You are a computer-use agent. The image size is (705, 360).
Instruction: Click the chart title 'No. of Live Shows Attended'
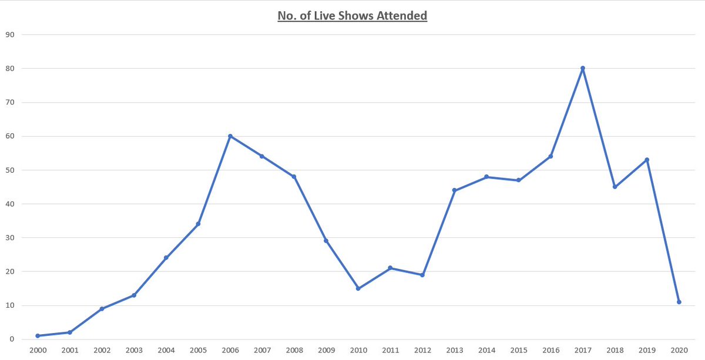coord(352,16)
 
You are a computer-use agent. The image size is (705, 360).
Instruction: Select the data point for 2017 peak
coord(583,68)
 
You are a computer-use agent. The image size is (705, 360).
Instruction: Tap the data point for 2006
coord(230,136)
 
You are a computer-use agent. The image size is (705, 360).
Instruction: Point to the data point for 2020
coord(679,302)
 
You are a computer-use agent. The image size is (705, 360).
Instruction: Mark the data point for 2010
coord(358,288)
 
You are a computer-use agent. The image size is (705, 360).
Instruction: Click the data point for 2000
coord(38,336)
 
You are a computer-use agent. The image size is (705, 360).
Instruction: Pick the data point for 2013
coord(455,190)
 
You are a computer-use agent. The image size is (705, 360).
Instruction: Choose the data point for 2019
coord(647,160)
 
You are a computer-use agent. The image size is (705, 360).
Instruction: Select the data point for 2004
coord(166,258)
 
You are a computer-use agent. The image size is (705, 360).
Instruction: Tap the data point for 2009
coord(326,241)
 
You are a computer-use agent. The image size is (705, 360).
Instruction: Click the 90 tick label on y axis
coord(10,35)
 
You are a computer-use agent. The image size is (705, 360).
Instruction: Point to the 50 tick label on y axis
coord(10,170)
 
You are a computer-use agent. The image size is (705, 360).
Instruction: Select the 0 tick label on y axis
coord(12,339)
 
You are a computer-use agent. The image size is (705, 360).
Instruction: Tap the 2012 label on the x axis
coord(422,351)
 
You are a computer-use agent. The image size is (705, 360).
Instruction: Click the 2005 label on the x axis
coord(198,351)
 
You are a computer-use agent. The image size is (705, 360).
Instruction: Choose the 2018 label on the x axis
coord(615,351)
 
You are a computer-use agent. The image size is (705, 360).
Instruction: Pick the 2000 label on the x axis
coord(38,351)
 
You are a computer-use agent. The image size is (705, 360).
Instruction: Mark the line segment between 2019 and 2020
coord(663,231)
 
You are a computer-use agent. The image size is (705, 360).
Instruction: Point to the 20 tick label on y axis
coord(10,272)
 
